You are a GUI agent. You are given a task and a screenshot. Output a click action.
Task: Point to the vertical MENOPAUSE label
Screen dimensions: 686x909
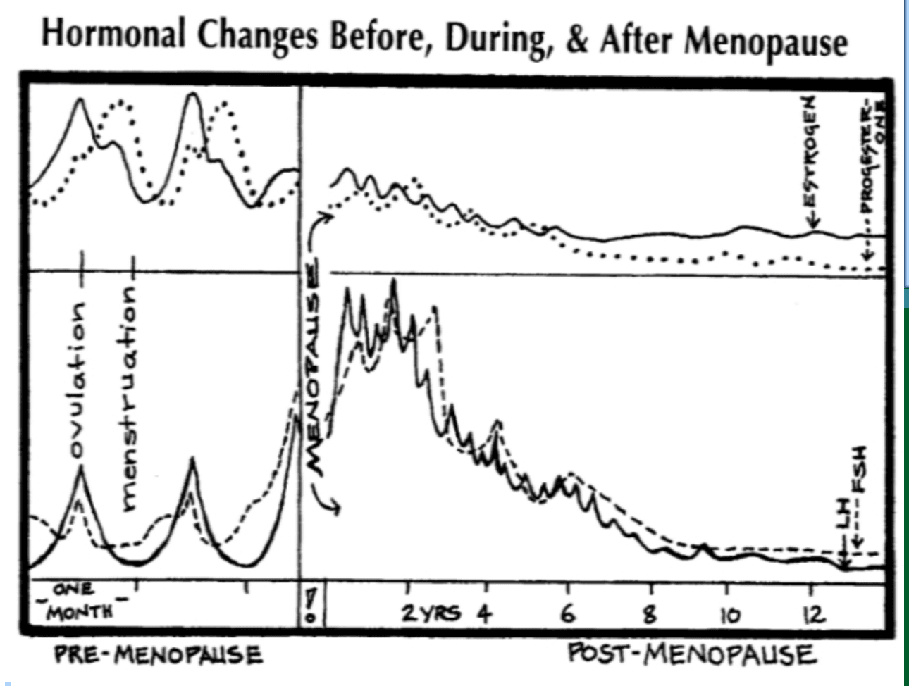[314, 366]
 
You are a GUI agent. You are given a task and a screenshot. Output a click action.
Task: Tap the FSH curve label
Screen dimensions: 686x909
[861, 472]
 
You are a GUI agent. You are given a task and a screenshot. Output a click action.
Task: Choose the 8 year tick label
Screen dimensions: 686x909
[650, 614]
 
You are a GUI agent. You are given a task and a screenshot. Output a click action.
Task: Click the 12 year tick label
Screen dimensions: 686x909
[812, 615]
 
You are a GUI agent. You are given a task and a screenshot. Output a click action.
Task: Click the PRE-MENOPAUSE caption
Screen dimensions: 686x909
[158, 655]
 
